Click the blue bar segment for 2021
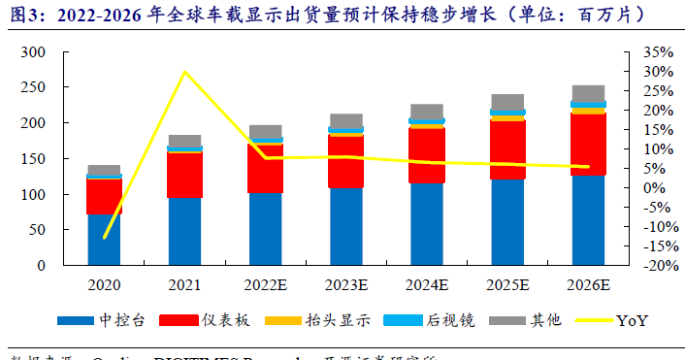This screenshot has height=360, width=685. (x=184, y=231)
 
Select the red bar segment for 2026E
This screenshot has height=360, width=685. (x=588, y=145)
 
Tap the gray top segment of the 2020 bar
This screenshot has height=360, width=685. (x=104, y=170)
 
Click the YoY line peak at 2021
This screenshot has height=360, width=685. (x=184, y=72)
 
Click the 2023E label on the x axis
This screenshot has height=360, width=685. (x=346, y=285)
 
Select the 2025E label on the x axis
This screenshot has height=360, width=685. (x=507, y=285)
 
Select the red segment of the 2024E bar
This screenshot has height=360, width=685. (x=427, y=155)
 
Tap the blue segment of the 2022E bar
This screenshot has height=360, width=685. (x=266, y=229)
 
